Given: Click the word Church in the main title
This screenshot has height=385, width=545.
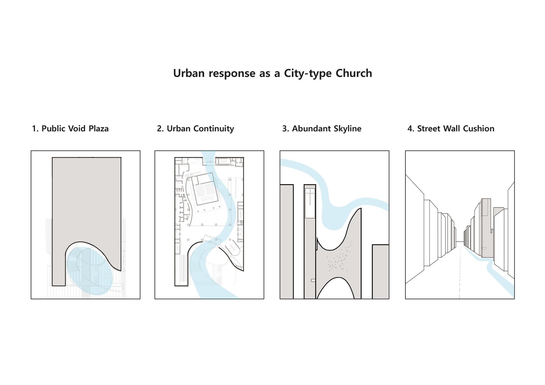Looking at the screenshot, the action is [x=354, y=73].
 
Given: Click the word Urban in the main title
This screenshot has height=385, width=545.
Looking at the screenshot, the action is [x=188, y=73].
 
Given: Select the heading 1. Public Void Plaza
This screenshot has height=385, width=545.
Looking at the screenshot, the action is [x=70, y=129].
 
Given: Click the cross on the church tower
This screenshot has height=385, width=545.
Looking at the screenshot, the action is [x=310, y=197].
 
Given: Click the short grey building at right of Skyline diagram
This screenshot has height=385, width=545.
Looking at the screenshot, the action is [x=380, y=272].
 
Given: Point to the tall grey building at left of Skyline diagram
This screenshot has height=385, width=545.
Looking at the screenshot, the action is [x=287, y=242].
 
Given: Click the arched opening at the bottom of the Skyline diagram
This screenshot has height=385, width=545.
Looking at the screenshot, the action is [x=336, y=289].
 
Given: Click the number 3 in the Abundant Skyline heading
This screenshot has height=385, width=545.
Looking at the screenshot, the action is [x=284, y=129].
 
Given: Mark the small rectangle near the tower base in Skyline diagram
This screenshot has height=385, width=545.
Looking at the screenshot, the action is [x=313, y=280].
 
